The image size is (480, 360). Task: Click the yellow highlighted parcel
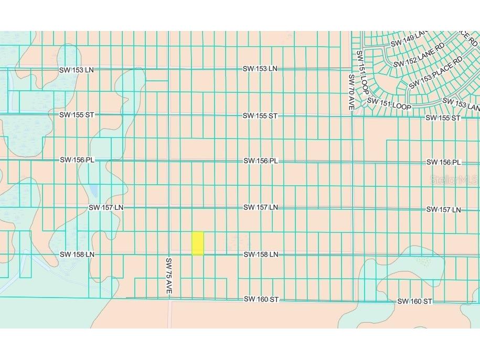click(197, 243)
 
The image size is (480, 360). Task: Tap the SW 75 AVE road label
click(169, 275)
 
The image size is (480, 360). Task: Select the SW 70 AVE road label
click(351, 92)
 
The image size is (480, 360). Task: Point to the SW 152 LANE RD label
click(418, 55)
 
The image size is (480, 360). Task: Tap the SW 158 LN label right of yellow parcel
click(260, 255)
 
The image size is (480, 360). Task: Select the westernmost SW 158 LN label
click(77, 254)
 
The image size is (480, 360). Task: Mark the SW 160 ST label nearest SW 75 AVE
click(261, 299)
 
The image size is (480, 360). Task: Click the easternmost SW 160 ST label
click(414, 301)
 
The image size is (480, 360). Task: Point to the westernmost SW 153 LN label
click(76, 70)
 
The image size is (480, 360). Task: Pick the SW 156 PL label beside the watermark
click(443, 163)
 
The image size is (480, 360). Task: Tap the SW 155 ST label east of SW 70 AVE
click(442, 118)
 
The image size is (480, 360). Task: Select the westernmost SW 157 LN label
click(105, 208)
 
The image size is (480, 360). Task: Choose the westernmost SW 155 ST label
click(76, 114)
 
